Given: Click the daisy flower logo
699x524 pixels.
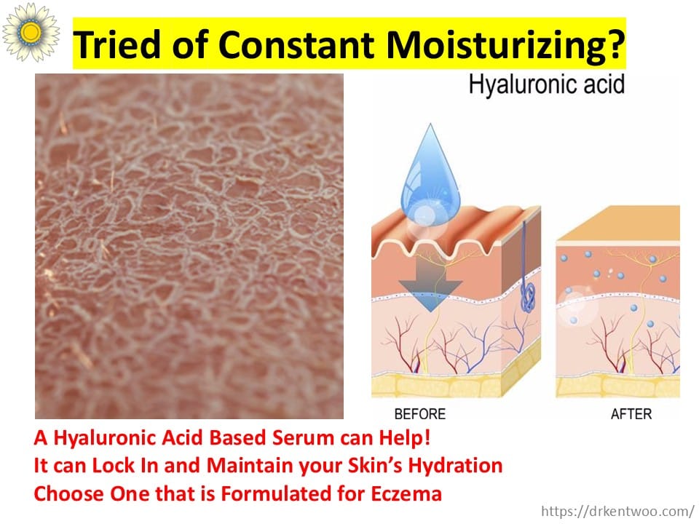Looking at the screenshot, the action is pos(31,32).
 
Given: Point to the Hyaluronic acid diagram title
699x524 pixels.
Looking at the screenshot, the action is pos(546,84).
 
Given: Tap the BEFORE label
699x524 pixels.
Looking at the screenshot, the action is pos(419,414).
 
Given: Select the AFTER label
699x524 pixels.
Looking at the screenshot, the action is pos(631,414).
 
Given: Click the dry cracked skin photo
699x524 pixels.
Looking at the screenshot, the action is pos(189,246).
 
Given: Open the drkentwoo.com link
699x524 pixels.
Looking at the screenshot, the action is pos(618,511).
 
